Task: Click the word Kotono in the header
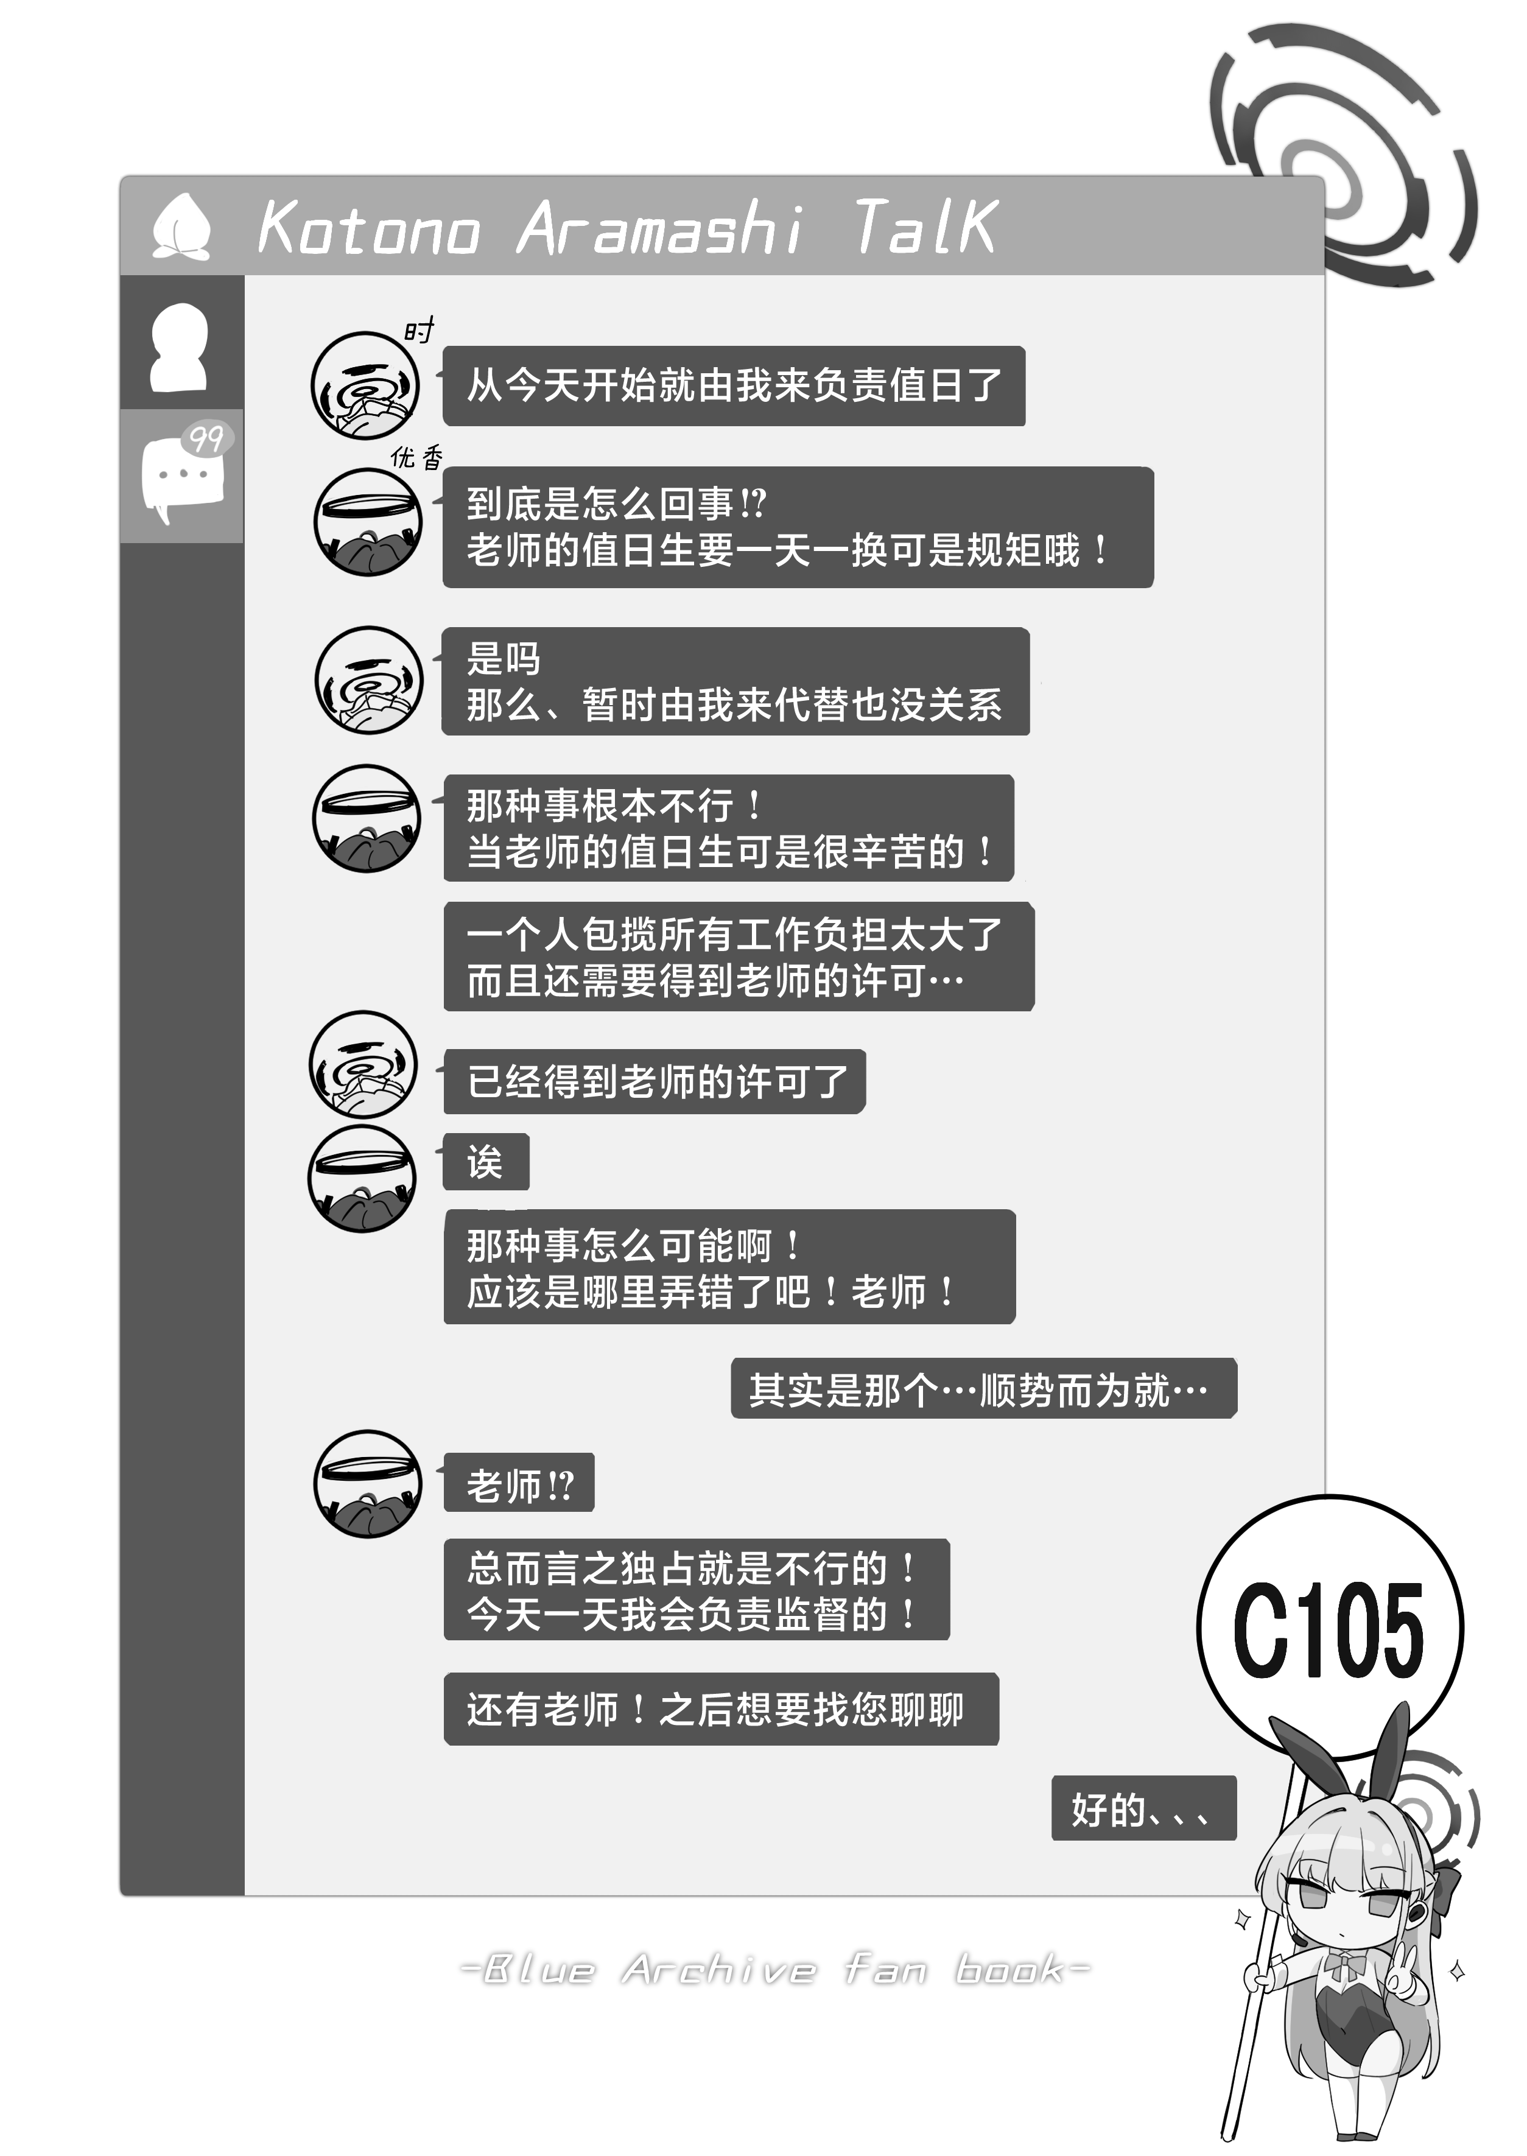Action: click(x=368, y=228)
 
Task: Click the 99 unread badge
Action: click(x=206, y=438)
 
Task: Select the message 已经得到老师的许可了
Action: click(x=655, y=1081)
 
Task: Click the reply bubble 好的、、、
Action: click(x=1143, y=1808)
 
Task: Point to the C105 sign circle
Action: click(x=1330, y=1629)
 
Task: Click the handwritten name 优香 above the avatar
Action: click(x=416, y=458)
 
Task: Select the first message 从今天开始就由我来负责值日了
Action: click(x=734, y=385)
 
